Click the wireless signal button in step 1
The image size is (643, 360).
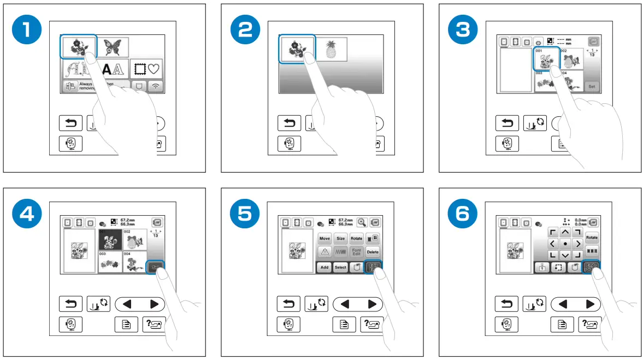pyautogui.click(x=156, y=87)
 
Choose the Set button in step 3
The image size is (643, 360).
pyautogui.click(x=591, y=86)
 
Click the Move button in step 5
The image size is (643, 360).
pyautogui.click(x=325, y=239)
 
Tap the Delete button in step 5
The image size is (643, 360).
pyautogui.click(x=373, y=252)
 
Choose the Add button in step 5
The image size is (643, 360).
pyautogui.click(x=324, y=268)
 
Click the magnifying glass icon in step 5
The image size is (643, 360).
pyautogui.click(x=362, y=222)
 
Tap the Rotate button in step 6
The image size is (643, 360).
pyautogui.click(x=592, y=239)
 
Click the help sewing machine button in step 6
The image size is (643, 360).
pyautogui.click(x=590, y=324)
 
